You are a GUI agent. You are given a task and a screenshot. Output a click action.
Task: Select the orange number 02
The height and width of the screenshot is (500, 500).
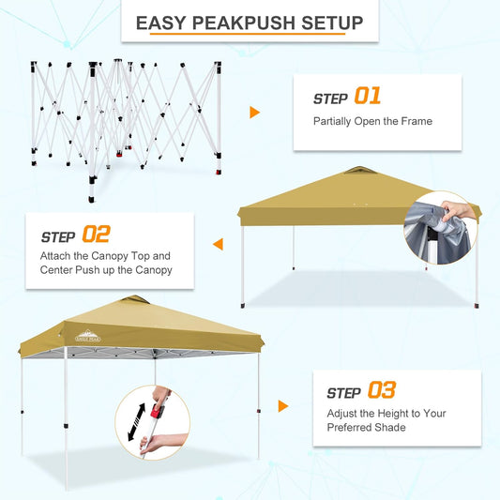(x=96, y=234)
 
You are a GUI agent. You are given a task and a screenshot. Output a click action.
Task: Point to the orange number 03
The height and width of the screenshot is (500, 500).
(x=382, y=390)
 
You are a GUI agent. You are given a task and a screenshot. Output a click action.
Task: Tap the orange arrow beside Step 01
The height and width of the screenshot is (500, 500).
(x=254, y=113)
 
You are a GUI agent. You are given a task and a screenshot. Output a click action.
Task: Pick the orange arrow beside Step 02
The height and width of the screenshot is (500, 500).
(x=219, y=245)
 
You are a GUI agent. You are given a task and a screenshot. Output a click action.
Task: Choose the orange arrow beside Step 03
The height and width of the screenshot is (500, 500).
(x=283, y=406)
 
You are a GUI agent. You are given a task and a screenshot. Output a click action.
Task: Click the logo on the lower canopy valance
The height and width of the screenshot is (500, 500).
(x=83, y=336)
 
